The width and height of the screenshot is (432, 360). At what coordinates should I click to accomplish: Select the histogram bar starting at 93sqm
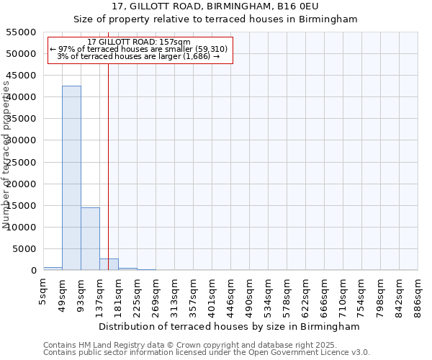pyautogui.click(x=90, y=238)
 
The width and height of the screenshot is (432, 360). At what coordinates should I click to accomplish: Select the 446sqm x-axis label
pyautogui.click(x=231, y=297)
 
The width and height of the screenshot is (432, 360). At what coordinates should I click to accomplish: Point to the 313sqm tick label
pyautogui.click(x=175, y=297)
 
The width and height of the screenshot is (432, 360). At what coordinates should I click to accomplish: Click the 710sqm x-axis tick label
pyautogui.click(x=343, y=297)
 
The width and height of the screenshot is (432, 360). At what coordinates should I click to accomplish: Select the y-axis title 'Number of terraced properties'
pyautogui.click(x=7, y=155)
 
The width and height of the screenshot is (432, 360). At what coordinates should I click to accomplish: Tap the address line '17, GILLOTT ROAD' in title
pyautogui.click(x=215, y=6)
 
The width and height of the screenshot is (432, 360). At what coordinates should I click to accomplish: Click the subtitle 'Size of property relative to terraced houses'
pyautogui.click(x=215, y=19)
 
